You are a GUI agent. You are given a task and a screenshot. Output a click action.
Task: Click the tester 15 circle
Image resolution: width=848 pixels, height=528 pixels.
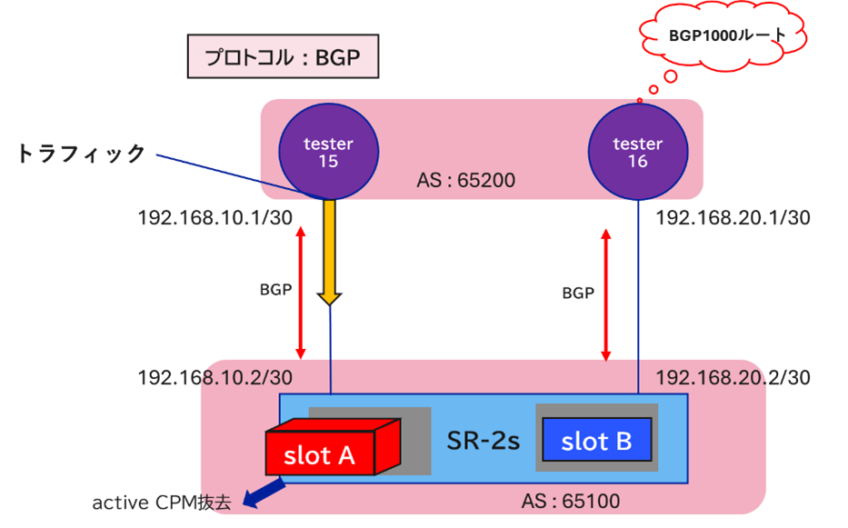click(328, 153)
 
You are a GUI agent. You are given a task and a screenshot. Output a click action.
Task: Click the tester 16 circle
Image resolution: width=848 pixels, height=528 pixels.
click(637, 153)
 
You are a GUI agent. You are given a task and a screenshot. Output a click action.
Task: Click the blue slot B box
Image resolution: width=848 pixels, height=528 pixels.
click(596, 441)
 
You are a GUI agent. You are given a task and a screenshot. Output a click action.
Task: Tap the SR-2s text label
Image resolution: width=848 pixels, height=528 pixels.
click(483, 441)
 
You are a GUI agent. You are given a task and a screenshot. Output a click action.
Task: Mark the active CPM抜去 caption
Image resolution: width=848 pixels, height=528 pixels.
click(162, 503)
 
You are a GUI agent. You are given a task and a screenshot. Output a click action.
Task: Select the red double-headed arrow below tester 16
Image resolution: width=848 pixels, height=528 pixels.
click(606, 293)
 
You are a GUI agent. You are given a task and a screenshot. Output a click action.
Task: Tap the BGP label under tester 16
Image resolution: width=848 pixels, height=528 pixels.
click(577, 293)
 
